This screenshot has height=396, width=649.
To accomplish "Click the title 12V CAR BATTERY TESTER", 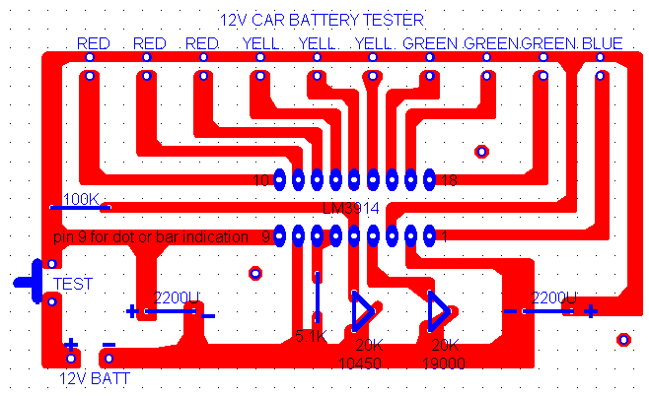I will point(322,19).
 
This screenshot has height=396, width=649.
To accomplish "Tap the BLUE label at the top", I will point(602,43).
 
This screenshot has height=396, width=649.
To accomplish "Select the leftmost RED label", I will point(94,43).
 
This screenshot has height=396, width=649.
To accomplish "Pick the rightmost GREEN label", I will point(549,43).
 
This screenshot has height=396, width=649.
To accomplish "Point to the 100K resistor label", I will point(81,200).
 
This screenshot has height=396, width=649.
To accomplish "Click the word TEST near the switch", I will point(73,284).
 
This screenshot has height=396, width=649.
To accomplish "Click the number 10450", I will point(361,363).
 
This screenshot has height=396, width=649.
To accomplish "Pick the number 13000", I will point(444,363).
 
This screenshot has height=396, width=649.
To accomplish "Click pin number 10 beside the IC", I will point(261,180).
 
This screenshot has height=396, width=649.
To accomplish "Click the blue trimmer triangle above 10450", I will point(363,311).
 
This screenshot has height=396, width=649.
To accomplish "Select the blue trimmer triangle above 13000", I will point(439,311).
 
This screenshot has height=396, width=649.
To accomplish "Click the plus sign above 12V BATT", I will point(71,345).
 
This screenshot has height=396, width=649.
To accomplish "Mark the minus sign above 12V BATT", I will point(108,345).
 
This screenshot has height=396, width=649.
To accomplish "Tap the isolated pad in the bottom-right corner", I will point(622,339).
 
